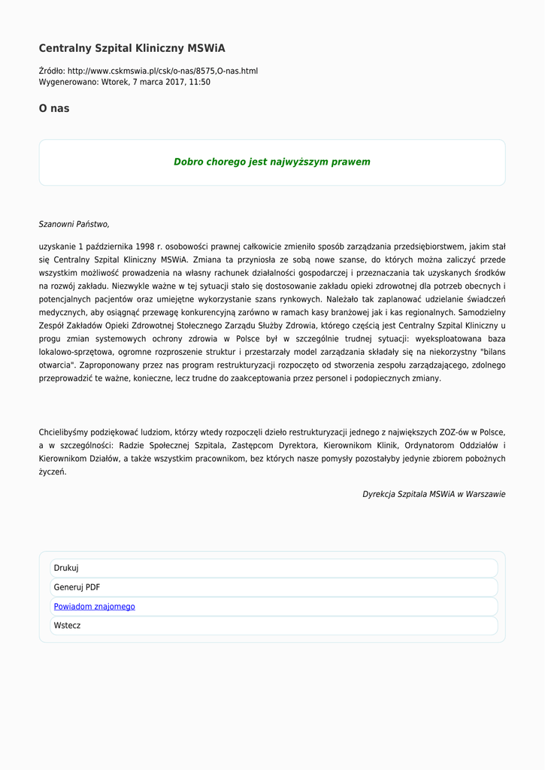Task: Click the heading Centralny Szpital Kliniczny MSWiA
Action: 132,48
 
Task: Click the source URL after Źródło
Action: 162,71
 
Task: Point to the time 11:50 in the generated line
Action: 199,82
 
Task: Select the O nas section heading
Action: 54,108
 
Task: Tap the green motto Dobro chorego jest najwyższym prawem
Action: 272,162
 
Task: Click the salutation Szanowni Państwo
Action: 74,224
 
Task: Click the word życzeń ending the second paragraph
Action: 53,471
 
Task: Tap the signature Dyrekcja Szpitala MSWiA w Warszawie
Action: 434,494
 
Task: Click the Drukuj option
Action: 66,568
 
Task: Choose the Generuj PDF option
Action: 77,587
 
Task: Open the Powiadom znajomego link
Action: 94,606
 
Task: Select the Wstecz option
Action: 67,625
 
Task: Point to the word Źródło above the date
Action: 51,71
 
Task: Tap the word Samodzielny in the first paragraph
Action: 481,312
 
